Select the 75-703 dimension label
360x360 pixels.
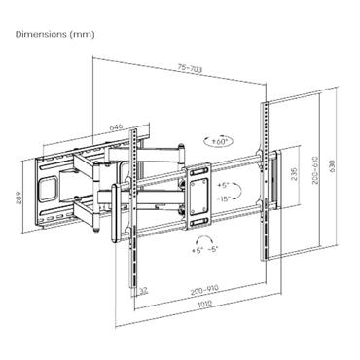(190, 68)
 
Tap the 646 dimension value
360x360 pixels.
(118, 126)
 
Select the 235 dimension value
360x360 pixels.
(293, 176)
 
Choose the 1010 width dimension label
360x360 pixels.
(202, 303)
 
